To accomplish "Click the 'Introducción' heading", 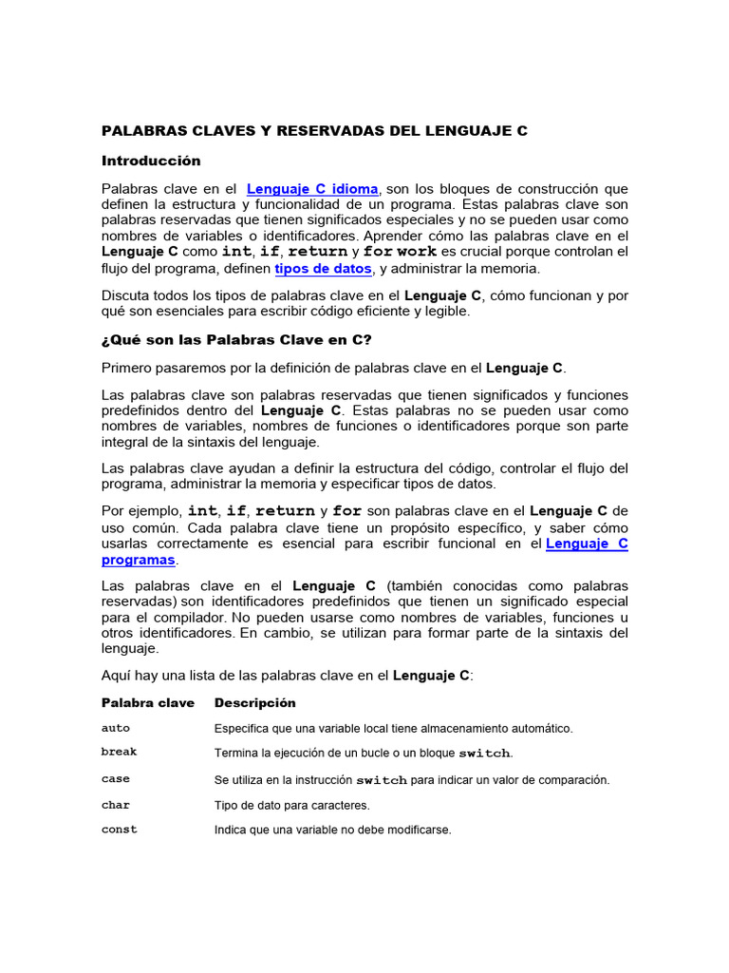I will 151,161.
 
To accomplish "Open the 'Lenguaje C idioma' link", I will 312,189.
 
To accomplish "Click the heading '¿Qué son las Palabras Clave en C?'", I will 236,339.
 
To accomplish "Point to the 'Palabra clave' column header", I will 148,703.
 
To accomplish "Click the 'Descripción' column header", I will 255,703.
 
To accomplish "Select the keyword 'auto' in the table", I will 116,728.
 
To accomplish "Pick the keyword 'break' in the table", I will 120,752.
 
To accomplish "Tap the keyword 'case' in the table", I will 116,779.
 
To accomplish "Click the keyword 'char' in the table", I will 116,805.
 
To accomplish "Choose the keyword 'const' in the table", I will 120,830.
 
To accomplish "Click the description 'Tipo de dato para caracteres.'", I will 292,805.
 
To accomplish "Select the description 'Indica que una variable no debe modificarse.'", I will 333,830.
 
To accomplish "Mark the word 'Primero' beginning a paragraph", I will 129,367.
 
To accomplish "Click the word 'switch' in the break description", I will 484,754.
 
